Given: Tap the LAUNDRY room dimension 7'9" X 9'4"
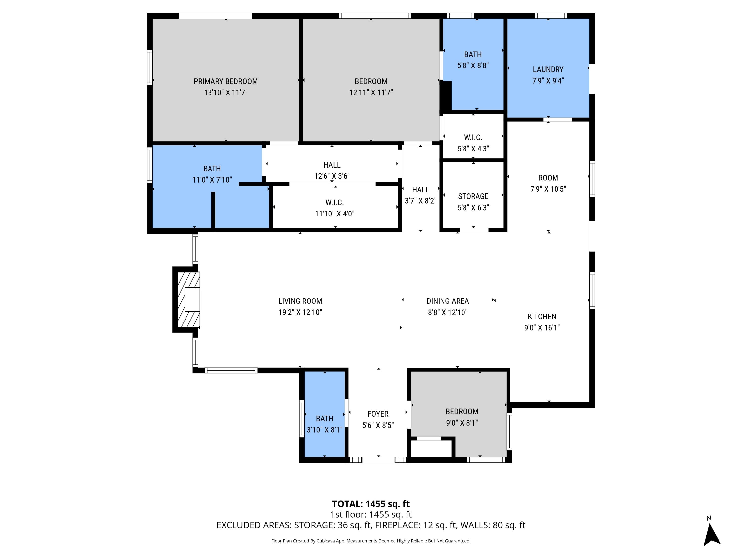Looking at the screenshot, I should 548,80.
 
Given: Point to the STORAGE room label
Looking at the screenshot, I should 473,196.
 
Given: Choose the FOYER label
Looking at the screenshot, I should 378,414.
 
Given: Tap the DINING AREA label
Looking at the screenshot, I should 447,301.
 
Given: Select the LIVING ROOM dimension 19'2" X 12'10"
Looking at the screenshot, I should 300,312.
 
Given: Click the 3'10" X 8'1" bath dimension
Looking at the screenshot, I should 324,430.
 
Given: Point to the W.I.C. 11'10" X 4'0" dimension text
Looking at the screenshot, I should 334,214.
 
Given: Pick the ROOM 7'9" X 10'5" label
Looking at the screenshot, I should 548,178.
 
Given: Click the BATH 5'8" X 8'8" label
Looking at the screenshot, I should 473,54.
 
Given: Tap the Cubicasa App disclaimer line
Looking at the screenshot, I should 371,541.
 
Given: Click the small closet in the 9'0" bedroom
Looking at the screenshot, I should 431,449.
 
